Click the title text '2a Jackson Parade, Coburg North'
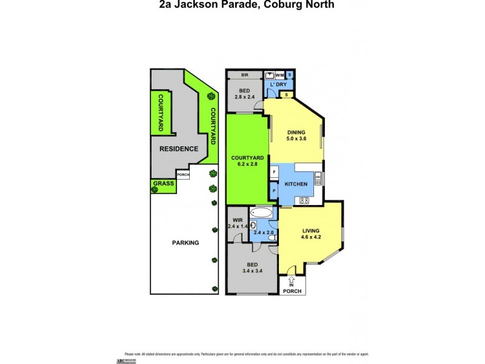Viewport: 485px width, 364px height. tap(242, 5)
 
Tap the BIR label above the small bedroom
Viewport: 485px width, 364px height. tap(244, 75)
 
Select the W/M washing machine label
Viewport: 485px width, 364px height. tap(279, 75)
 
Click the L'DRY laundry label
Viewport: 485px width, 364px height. tap(278, 85)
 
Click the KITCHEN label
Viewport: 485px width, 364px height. tap(297, 184)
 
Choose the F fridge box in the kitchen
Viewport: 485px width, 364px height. tap(274, 172)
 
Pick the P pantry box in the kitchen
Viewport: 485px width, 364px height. tap(274, 190)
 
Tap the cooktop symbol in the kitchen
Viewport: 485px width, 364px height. tap(304, 201)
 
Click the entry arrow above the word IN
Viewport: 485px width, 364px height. tap(291, 280)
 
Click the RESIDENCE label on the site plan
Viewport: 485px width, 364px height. tap(178, 149)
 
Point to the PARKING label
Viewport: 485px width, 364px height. tap(184, 243)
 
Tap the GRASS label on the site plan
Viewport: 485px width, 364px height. tap(164, 183)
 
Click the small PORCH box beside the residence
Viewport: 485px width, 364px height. tap(183, 175)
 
